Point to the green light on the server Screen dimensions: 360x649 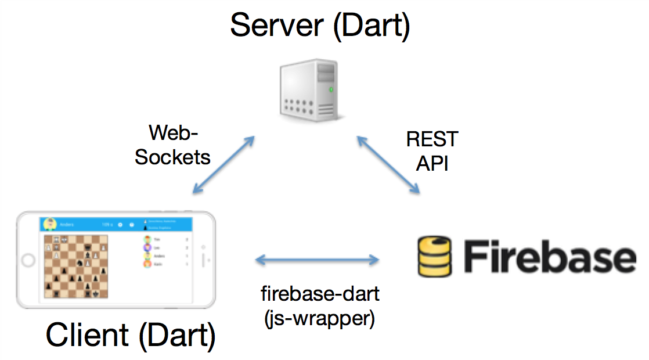tap(331, 89)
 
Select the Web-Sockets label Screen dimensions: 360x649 tap(173, 145)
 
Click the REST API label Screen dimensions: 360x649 tap(432, 151)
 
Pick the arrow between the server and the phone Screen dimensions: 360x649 tap(223, 164)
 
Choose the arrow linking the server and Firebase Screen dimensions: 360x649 tap(388, 164)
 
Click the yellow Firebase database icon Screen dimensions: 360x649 tap(434, 255)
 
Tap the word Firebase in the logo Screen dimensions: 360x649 tap(549, 255)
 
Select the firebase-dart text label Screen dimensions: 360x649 tap(320, 294)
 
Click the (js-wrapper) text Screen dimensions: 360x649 tap(320, 318)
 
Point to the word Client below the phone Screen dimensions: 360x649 tap(87, 336)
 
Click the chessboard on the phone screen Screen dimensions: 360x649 tap(76, 266)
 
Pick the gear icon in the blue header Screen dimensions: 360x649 tap(120, 224)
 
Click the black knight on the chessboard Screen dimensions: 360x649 tap(79, 264)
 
